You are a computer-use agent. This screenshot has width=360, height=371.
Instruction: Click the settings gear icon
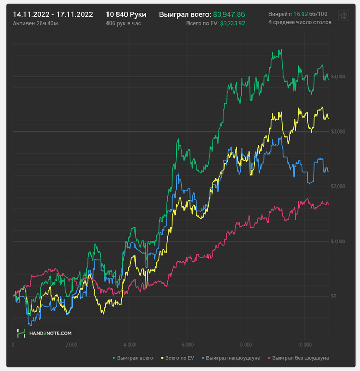coord(343,16)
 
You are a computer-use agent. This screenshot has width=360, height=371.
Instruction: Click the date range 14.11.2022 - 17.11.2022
coord(53,14)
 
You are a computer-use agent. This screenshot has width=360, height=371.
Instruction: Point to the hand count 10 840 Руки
coord(126,14)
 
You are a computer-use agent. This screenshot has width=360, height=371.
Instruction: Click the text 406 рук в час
coord(123,23)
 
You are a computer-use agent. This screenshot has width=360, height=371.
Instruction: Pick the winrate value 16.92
coord(300,14)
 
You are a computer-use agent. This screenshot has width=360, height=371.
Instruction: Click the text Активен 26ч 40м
coord(35,23)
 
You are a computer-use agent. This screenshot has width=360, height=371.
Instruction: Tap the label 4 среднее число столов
coord(300,23)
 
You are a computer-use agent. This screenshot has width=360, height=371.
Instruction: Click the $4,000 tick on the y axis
coord(338,77)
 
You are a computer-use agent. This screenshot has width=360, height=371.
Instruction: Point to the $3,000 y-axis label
coord(338,131)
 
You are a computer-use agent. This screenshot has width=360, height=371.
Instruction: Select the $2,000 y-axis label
coord(338,187)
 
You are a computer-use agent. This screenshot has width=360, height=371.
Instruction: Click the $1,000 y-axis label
coord(338,241)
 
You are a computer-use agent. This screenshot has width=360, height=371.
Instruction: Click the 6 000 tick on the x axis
coord(187,344)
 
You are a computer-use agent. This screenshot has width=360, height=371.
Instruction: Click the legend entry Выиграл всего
coord(135,358)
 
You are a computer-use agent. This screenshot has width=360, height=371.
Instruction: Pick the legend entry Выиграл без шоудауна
coord(300,358)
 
